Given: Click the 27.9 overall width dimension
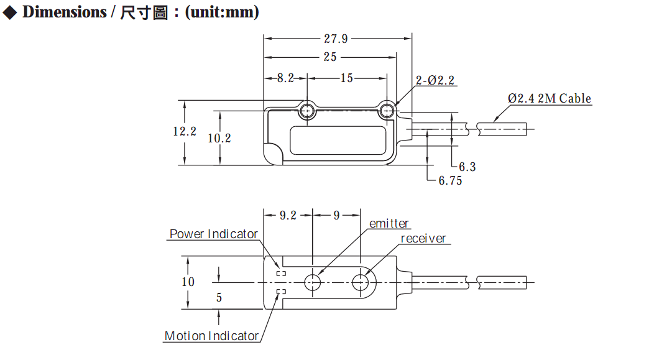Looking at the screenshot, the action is tap(336, 39).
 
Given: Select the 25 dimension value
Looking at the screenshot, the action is tap(330, 57).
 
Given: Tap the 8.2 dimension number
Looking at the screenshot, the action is tap(285, 78).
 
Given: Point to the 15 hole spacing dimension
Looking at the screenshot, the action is tap(347, 78).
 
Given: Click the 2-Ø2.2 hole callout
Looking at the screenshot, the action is tap(435, 80).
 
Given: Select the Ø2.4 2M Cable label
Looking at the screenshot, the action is tap(550, 98).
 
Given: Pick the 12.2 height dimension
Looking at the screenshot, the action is tap(185, 132).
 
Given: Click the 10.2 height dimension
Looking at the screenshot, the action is tap(219, 138).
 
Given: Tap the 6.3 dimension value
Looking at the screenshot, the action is tap(467, 167).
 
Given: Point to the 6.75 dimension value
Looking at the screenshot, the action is tap(450, 180).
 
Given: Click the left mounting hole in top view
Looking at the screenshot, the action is tap(307, 111).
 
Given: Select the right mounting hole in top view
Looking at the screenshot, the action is tap(387, 111).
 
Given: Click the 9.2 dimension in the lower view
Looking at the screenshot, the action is tap(288, 216).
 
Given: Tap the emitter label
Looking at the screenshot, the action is tap(389, 224).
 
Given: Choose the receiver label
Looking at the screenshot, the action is tap(423, 239).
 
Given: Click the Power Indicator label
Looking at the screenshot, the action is tap(214, 234).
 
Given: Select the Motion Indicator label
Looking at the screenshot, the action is tap(211, 336).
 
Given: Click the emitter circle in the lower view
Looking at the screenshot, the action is tap(313, 283).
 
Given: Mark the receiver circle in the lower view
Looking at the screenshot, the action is tap(360, 283).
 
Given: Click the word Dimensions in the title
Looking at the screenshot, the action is tap(65, 12).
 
